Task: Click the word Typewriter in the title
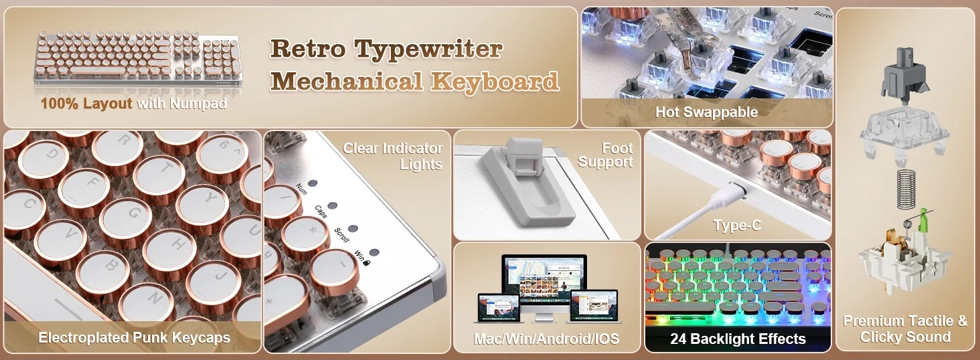pos(428,49)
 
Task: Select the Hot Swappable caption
pos(707,112)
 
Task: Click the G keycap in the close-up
pos(130,217)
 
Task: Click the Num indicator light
pos(313,183)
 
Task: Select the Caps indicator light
pos(333,205)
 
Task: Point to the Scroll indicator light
pos(353,229)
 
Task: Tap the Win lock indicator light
pos(374,253)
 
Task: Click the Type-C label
pos(738,226)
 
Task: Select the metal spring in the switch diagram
pos(906,189)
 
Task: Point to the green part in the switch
pos(922,220)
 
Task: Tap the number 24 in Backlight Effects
pos(678,339)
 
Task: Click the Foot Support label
pos(606,155)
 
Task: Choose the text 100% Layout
pos(86,104)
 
